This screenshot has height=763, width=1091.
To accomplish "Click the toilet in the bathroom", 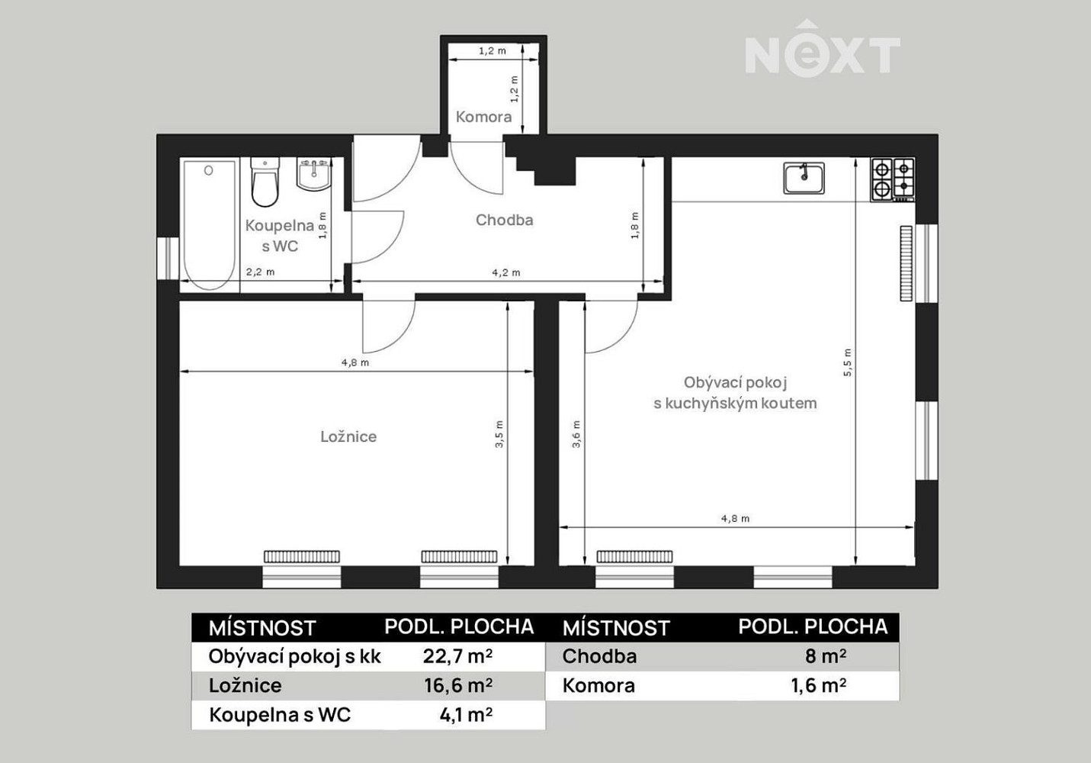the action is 265,182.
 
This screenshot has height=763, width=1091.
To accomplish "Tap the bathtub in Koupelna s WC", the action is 209,225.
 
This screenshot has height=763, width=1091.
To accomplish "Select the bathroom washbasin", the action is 313,174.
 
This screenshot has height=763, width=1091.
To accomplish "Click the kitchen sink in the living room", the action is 804,178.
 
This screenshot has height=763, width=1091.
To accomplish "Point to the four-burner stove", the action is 892,179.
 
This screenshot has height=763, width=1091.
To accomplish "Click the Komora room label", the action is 483,117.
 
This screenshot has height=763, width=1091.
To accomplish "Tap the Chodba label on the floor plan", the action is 504,221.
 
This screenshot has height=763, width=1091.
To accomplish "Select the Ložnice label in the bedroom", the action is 348,436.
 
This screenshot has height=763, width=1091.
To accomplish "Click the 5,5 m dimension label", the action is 848,362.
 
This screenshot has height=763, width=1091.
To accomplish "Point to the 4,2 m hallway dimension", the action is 505,272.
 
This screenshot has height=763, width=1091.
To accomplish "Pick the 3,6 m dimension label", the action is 576,434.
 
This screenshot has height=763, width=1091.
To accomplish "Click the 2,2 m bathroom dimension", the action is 260,272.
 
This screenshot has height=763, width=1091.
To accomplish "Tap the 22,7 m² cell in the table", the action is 457,656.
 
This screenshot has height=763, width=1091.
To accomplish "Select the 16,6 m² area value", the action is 458,685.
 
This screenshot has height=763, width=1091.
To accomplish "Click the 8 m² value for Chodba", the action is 825,656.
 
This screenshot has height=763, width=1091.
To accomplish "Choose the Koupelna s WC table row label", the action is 280,715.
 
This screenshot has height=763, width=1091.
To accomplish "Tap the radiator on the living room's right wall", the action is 906,263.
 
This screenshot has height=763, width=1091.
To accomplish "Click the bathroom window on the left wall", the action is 168,259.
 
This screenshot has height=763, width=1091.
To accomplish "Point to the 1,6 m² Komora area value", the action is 818,685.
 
